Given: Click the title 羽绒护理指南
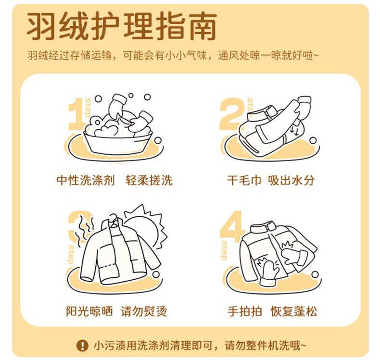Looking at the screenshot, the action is [122, 26].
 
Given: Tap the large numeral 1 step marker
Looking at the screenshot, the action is [76, 114].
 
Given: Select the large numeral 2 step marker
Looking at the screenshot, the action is [232, 114].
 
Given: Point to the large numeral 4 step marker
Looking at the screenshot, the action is [231, 226].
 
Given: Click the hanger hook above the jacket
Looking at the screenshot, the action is [114, 218].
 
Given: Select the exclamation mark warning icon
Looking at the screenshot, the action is [82, 345].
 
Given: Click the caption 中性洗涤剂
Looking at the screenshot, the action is [86, 180].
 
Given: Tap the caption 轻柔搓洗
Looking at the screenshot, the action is [149, 180].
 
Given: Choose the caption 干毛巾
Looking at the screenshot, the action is [244, 180].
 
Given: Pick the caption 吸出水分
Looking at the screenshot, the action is [291, 180].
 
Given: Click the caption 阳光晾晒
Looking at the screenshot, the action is [89, 311].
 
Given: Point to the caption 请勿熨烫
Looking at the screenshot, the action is [144, 311].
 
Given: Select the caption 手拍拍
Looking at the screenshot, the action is [245, 311].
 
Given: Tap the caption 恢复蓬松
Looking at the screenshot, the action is [293, 311].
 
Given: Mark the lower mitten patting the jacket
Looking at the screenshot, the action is [268, 273].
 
